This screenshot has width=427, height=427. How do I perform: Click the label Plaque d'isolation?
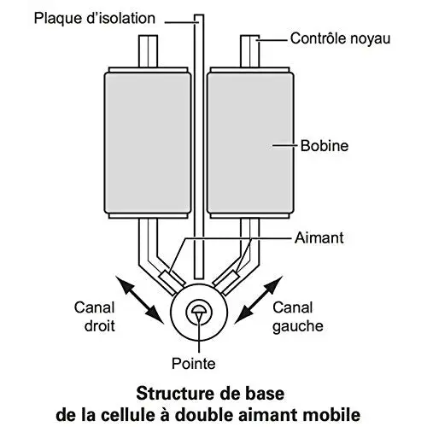[95, 19]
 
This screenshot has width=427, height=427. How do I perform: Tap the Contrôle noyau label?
[340, 38]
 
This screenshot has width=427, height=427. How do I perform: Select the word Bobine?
[325, 146]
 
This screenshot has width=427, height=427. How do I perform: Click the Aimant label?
[319, 237]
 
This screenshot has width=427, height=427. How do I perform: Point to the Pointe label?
[194, 364]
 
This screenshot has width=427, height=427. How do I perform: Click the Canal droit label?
[95, 317]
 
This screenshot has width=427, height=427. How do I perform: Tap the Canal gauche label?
[298, 317]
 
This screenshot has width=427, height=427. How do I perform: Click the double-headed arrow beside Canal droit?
[139, 300]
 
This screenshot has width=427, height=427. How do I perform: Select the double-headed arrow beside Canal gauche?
[259, 300]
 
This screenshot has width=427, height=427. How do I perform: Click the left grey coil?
[148, 143]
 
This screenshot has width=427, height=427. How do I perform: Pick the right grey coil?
[250, 143]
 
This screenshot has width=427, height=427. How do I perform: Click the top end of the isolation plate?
[199, 15]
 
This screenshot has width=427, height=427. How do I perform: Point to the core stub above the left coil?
[148, 51]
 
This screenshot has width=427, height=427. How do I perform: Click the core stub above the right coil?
[250, 51]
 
